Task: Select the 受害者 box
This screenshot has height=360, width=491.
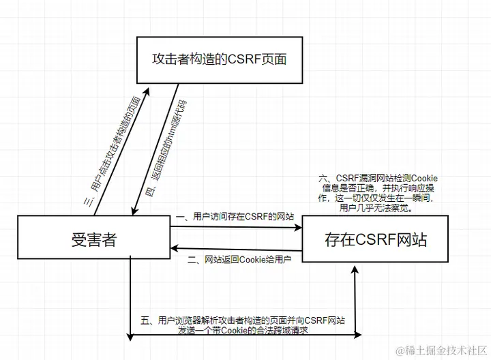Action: point(93,239)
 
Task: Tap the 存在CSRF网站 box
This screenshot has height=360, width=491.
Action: point(375,239)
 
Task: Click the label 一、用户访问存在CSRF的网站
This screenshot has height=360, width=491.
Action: point(235,216)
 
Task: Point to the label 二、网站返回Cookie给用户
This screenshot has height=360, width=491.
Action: point(239,260)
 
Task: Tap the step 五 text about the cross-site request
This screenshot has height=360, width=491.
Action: point(243,325)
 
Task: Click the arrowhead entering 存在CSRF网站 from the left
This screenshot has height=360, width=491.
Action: point(298,228)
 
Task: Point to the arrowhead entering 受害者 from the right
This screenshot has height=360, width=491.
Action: point(175,248)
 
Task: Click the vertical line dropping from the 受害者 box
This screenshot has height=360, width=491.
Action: point(130,300)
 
